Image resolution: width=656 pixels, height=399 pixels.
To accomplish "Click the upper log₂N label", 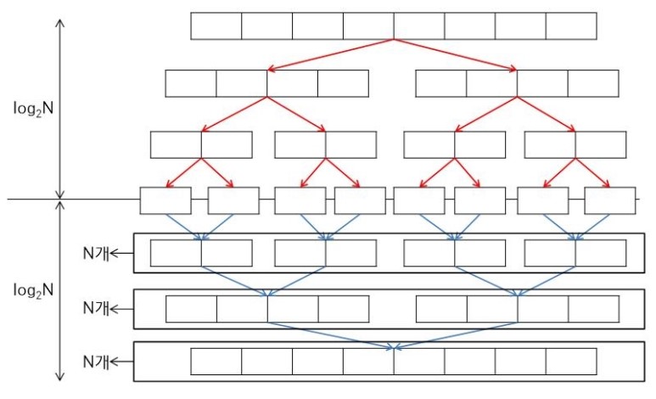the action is pyautogui.click(x=34, y=108).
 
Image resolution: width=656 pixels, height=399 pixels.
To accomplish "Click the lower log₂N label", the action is pyautogui.click(x=34, y=290).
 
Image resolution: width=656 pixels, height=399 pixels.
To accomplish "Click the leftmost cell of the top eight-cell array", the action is pyautogui.click(x=216, y=25).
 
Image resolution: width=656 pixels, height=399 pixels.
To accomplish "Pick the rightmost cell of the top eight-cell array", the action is pyautogui.click(x=571, y=25).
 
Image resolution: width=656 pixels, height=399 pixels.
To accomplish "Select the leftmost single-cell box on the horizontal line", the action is pyautogui.click(x=165, y=200).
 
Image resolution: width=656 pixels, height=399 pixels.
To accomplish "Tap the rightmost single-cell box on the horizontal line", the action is pyautogui.click(x=610, y=200).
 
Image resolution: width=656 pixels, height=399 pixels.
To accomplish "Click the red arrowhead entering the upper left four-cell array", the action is pyautogui.click(x=270, y=69).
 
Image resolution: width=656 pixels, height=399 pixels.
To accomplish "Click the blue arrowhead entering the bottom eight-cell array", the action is pyautogui.click(x=394, y=346).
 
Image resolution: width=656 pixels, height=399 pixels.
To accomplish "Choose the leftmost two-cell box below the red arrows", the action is pyautogui.click(x=201, y=145).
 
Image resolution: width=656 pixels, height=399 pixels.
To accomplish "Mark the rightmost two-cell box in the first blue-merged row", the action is pyautogui.click(x=575, y=253).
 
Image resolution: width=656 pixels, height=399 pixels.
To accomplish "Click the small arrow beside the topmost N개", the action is pyautogui.click(x=124, y=253).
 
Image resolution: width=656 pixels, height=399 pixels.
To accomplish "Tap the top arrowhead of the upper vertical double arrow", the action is pyautogui.click(x=59, y=20).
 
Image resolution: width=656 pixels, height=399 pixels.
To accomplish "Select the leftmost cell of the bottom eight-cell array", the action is pyautogui.click(x=216, y=362).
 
